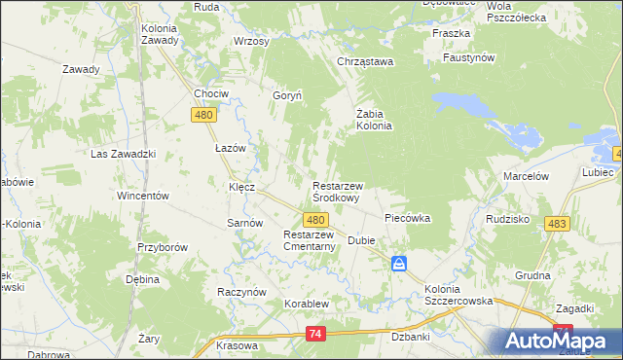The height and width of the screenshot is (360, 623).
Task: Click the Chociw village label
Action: click(210, 93)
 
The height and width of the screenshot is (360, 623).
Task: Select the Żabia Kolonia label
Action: click(373, 119)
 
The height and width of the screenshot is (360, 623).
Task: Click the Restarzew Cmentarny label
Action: click(310, 240)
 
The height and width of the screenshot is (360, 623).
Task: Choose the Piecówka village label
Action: click(408, 218)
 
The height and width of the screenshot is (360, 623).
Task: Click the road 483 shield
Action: click(557, 224)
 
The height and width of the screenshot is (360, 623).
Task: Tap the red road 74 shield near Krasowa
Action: click(314, 334)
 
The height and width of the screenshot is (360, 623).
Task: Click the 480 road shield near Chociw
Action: click(202, 115)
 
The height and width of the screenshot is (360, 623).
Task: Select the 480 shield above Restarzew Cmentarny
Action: click(314, 221)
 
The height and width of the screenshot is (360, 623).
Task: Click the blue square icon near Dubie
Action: click(399, 264)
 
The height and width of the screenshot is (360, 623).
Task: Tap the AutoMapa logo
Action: click(560, 341)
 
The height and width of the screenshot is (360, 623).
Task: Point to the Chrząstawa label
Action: click(364, 62)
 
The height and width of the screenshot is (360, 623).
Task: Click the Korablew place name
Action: click(307, 304)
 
